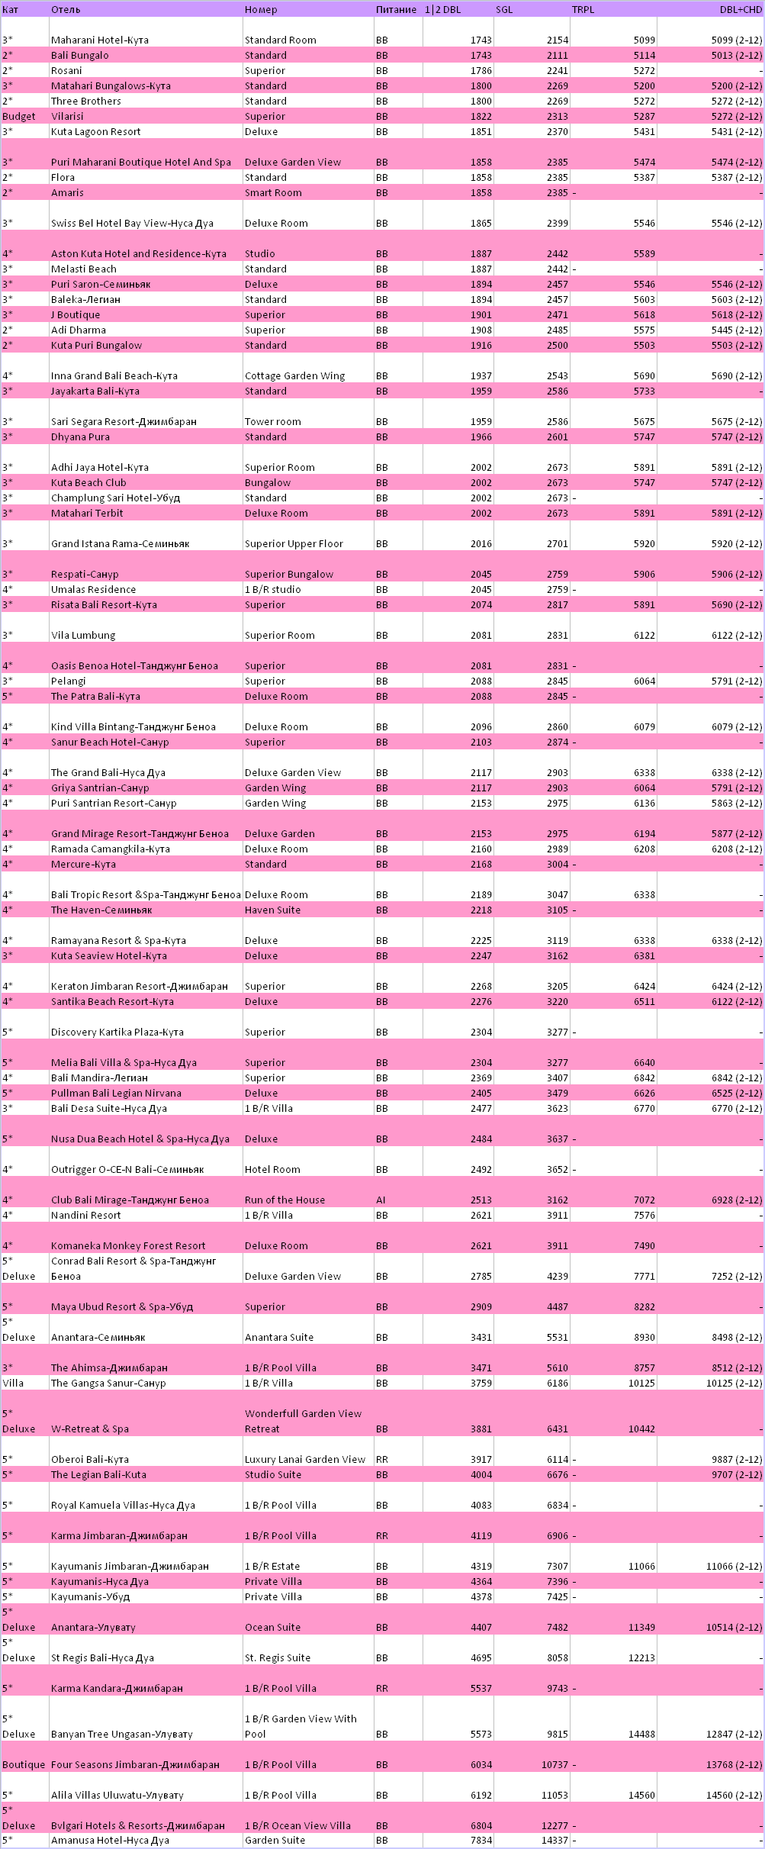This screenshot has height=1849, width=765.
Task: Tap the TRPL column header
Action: pos(583,10)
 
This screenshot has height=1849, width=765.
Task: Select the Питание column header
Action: pos(396,10)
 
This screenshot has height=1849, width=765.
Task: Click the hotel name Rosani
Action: pos(66,71)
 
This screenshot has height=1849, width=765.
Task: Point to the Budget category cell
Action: pos(19,117)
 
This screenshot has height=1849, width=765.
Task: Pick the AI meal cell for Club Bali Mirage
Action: pos(381,1200)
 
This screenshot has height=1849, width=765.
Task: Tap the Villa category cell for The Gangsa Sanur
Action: pos(13,1383)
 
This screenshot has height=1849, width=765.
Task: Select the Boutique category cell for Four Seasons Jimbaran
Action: pos(24,1764)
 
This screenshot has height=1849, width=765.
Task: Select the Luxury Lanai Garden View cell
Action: pos(305,1459)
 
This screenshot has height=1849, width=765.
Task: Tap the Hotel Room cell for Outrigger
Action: pos(272,1169)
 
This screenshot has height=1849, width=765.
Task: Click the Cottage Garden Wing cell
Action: pos(294,376)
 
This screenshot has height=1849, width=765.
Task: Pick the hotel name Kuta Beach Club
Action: pos(88,483)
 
